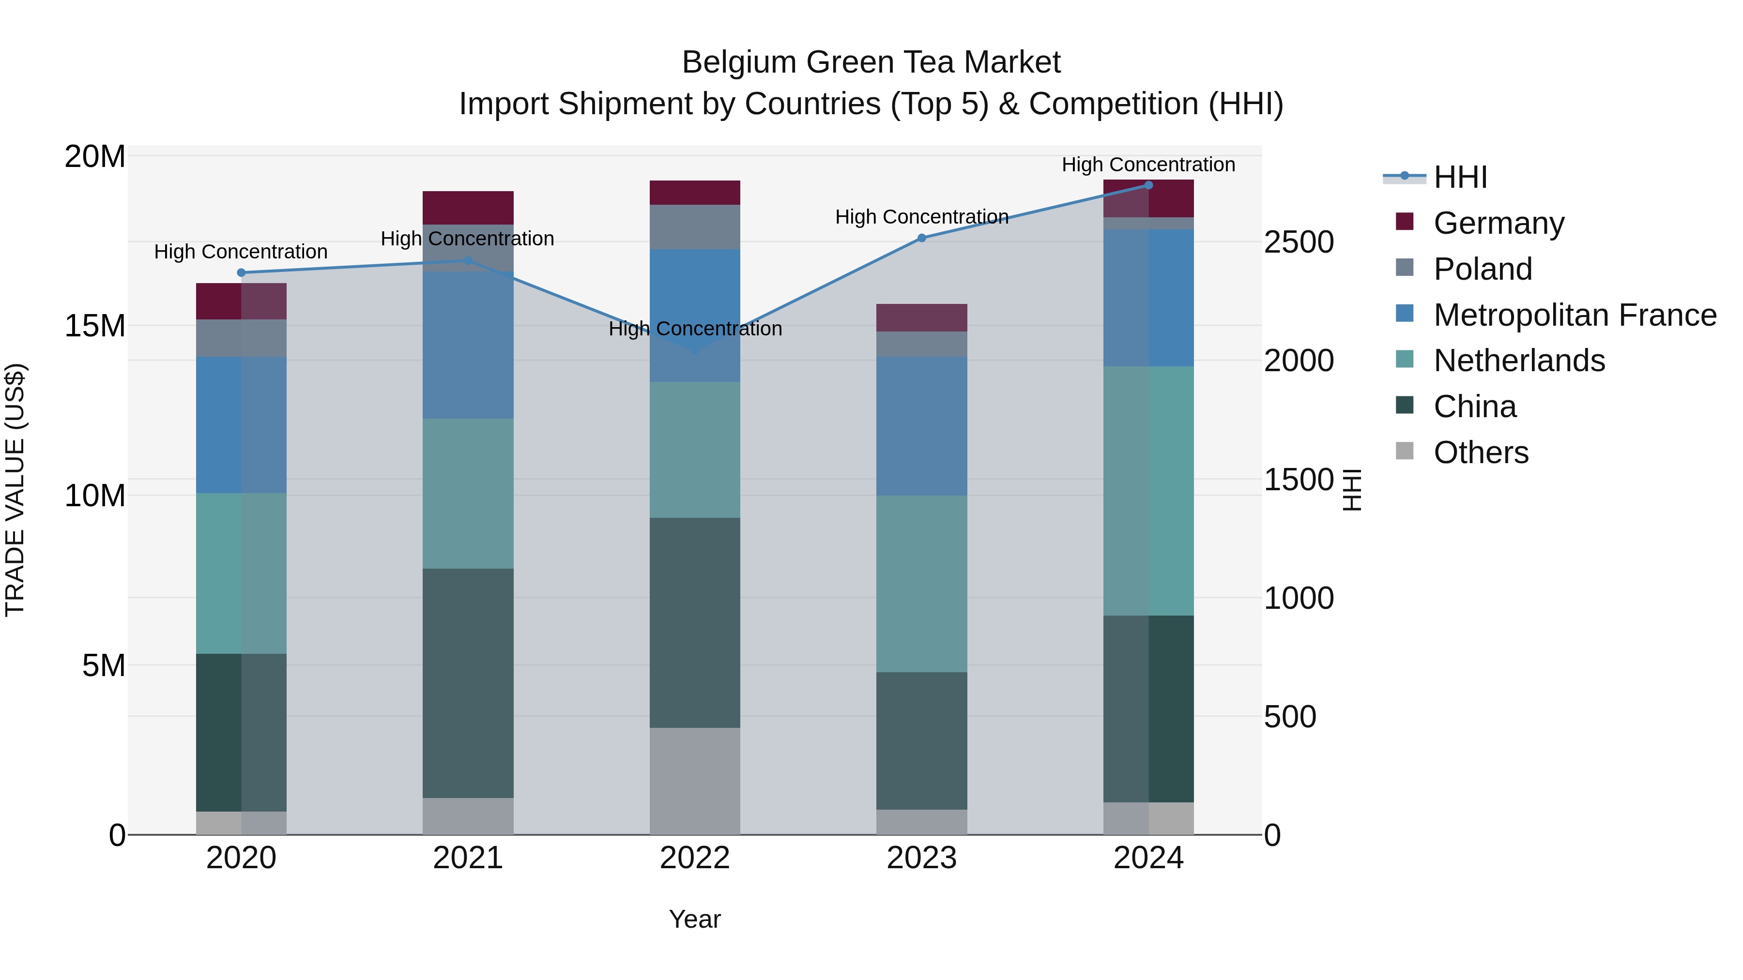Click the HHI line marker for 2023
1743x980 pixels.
921,238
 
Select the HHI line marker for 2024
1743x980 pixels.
1148,185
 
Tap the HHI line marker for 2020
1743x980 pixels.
241,272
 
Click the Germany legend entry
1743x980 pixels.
1498,223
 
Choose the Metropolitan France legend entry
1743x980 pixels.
1574,315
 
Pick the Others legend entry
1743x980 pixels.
1481,452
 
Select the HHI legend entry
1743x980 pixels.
1460,177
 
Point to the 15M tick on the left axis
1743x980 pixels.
95,326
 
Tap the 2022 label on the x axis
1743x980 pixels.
695,858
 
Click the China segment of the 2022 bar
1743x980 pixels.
695,622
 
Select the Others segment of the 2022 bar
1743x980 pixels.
695,781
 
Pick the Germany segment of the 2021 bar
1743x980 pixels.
468,208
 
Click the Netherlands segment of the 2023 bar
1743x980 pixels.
921,583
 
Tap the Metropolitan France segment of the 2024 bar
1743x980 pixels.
1148,298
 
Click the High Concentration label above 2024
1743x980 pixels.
1148,165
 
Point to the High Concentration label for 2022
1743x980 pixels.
695,329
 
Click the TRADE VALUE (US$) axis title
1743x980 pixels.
15,490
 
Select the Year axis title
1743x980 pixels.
695,919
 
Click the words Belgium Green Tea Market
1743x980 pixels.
871,62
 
